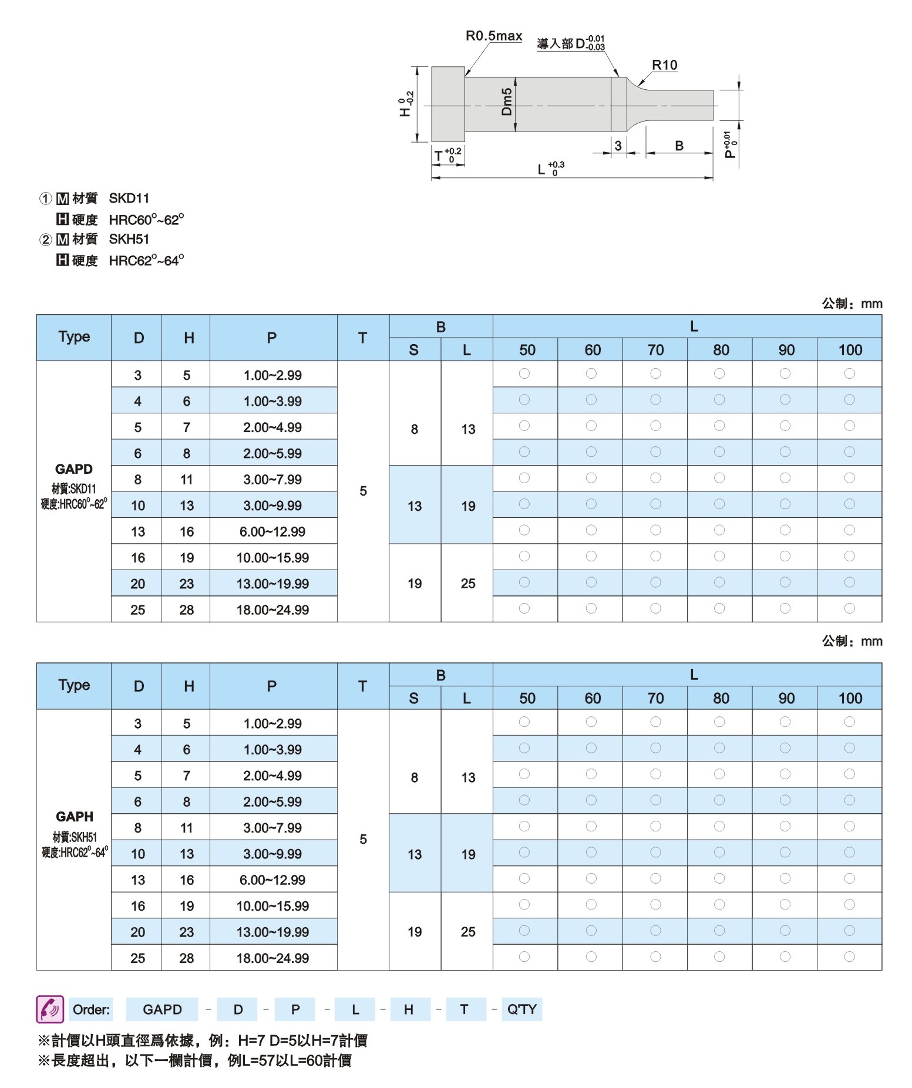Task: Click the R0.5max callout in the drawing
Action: tap(494, 36)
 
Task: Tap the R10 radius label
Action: tap(664, 65)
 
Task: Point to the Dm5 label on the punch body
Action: tap(507, 102)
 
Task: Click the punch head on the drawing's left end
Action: tap(448, 104)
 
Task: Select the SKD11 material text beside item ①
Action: tap(129, 198)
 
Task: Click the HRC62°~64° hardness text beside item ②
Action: tap(146, 261)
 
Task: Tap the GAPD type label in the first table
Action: tap(74, 469)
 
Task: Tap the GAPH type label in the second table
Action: tap(75, 817)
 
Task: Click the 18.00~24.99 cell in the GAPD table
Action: tap(272, 610)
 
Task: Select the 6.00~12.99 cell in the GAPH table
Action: tap(272, 880)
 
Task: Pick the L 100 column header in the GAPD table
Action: tap(850, 351)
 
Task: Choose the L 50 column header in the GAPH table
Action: tap(527, 699)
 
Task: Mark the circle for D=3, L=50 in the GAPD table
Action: tap(524, 374)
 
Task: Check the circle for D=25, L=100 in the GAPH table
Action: tap(849, 957)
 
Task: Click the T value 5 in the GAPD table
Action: tap(363, 491)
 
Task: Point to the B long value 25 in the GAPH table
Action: tap(467, 932)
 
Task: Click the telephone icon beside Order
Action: tap(49, 1009)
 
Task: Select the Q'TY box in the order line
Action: tap(521, 1009)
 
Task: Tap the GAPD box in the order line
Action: tap(162, 1009)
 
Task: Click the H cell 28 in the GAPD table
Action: tap(186, 610)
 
